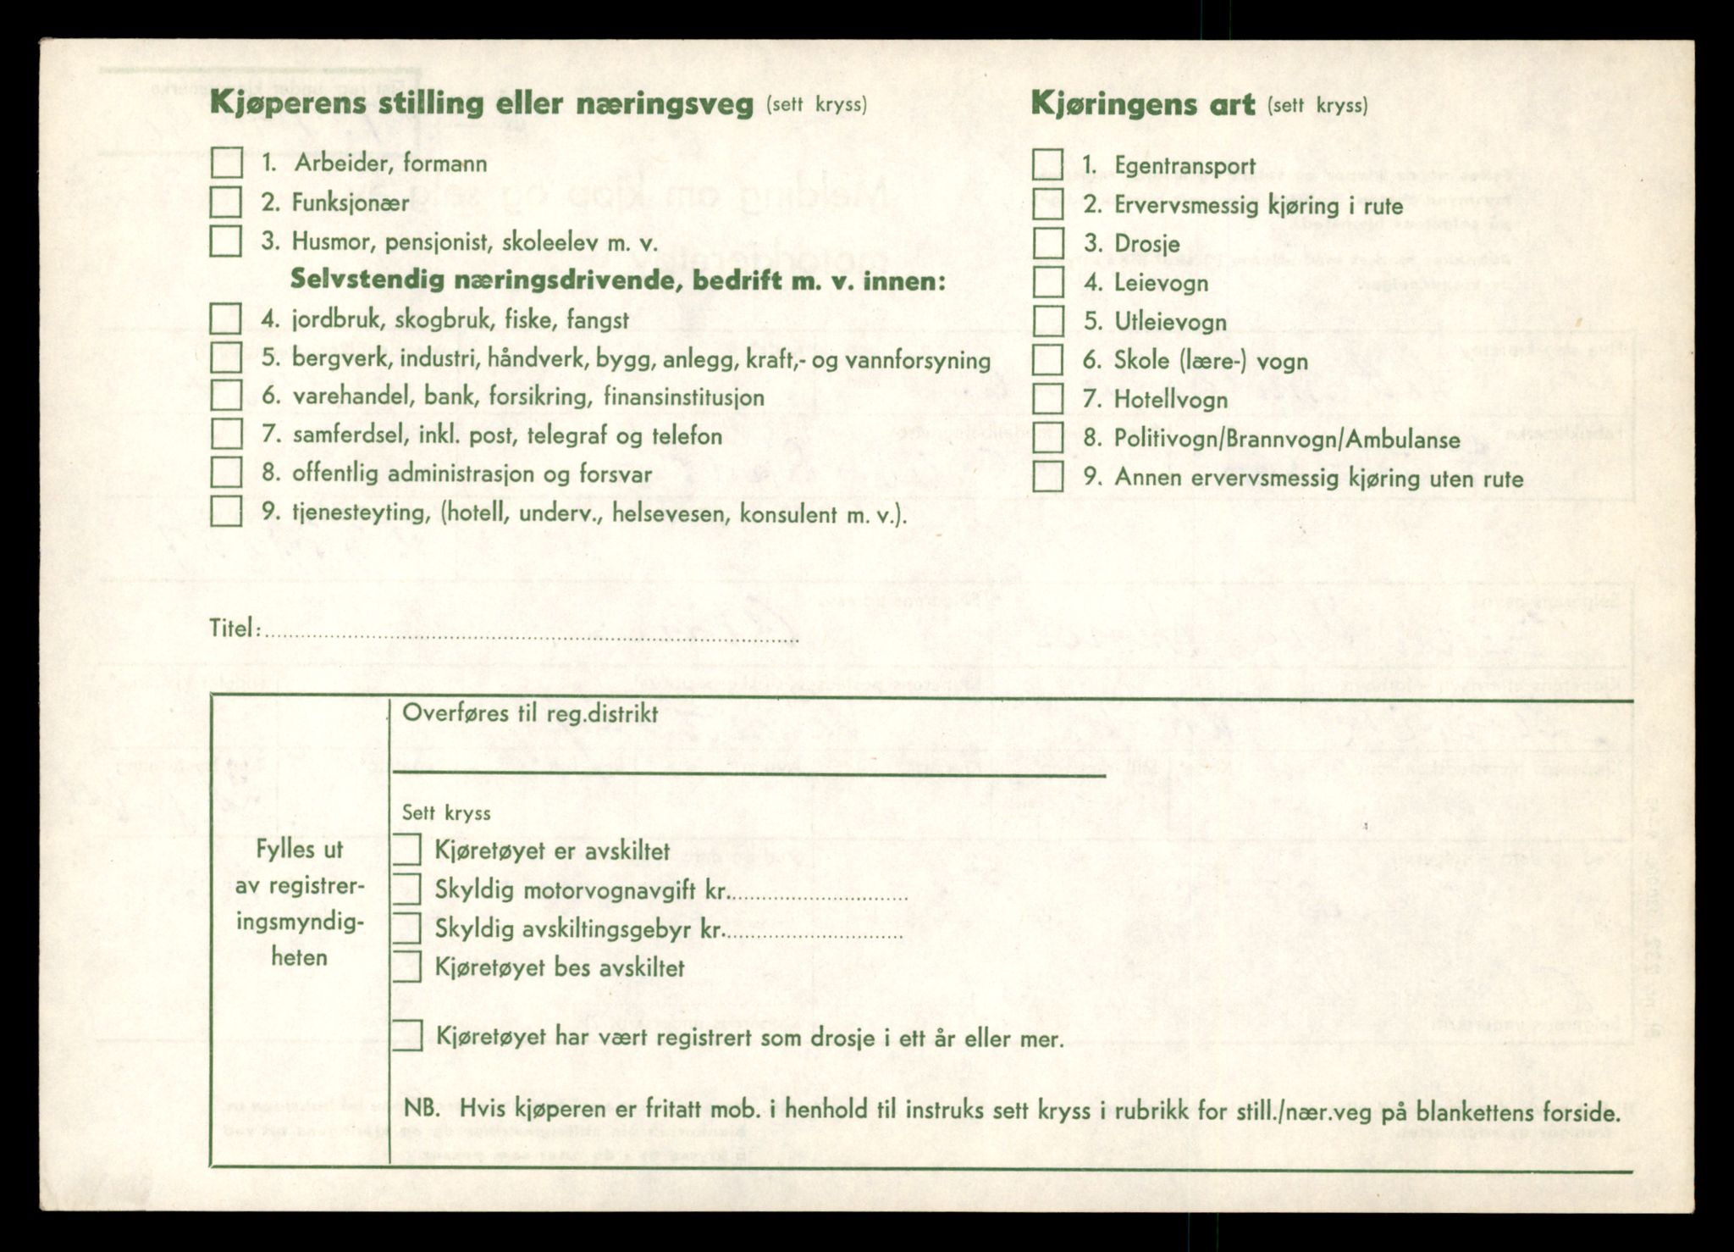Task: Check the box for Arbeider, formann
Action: pyautogui.click(x=226, y=163)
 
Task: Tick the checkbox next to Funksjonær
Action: pyautogui.click(x=226, y=202)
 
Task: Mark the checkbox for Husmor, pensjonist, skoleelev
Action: pyautogui.click(x=226, y=241)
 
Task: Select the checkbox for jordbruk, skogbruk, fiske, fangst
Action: pyautogui.click(x=226, y=319)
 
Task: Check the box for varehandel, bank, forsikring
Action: pyautogui.click(x=226, y=396)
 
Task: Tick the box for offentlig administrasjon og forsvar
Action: pyautogui.click(x=226, y=472)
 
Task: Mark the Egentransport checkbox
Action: pyautogui.click(x=1048, y=165)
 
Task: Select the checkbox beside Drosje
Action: pyautogui.click(x=1048, y=243)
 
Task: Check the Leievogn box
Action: pyautogui.click(x=1048, y=282)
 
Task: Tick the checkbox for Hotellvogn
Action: pyautogui.click(x=1048, y=399)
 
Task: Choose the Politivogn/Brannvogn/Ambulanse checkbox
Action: pyautogui.click(x=1048, y=438)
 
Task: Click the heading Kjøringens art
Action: pyautogui.click(x=1142, y=105)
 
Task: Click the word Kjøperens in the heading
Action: pyautogui.click(x=289, y=103)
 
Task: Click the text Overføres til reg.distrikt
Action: pyautogui.click(x=530, y=713)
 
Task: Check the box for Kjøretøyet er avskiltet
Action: pyautogui.click(x=407, y=850)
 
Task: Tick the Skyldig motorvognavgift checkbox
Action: pyautogui.click(x=407, y=889)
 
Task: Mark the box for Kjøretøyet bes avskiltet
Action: pyautogui.click(x=407, y=967)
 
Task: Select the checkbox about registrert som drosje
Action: pyautogui.click(x=407, y=1036)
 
